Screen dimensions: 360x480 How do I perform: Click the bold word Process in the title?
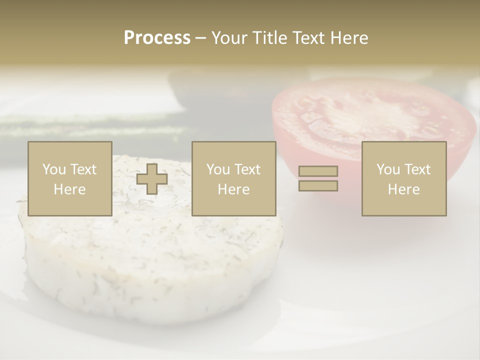[x=157, y=38]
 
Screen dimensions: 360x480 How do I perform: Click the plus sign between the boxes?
[x=152, y=179]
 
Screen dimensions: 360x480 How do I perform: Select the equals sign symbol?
[x=318, y=178]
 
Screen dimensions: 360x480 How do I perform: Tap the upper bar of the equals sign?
[x=318, y=171]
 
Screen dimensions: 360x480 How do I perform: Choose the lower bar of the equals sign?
[x=318, y=186]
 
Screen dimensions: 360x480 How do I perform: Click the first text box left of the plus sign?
[x=70, y=179]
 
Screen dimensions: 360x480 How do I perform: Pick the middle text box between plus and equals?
[x=234, y=179]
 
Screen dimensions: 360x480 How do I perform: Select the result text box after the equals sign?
[x=404, y=179]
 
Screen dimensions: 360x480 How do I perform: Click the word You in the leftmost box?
[x=54, y=169]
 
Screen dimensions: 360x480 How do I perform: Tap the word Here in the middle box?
[x=234, y=189]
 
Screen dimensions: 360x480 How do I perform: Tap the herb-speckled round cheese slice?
[x=150, y=260]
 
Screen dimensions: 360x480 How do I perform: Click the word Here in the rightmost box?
[x=404, y=189]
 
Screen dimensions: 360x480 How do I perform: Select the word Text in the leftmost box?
[x=83, y=169]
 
